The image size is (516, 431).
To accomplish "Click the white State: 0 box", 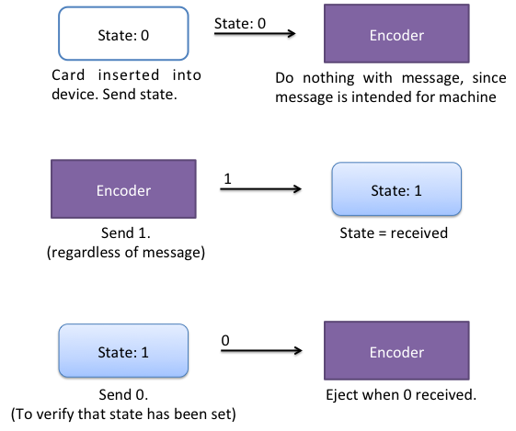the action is point(123,33).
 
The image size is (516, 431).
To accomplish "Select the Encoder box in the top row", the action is point(396,33).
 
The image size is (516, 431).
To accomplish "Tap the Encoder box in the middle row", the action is point(123,189).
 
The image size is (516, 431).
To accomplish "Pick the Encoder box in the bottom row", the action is point(396,350).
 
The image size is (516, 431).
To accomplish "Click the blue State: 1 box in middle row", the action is point(396,189).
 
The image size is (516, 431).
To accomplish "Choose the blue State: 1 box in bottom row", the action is point(123,350).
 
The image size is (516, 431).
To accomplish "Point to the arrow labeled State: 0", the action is point(255,33).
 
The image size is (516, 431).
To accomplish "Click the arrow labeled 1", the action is point(260,188).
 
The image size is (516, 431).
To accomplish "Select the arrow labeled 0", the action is point(261,350).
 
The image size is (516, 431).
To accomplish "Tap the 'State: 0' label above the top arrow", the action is point(240,23).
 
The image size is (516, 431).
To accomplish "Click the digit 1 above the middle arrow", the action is point(227,179).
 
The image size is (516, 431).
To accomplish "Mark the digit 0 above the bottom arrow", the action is point(225,341).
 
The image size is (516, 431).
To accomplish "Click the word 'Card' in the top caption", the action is point(68,75).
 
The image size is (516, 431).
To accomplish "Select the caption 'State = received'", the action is point(394,233).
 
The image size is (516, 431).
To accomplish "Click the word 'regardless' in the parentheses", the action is point(86,253).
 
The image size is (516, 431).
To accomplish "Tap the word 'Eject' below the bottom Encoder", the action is point(341,395).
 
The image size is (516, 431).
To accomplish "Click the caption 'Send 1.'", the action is point(126,233).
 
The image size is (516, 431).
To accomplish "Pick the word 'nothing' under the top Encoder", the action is point(328,78).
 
